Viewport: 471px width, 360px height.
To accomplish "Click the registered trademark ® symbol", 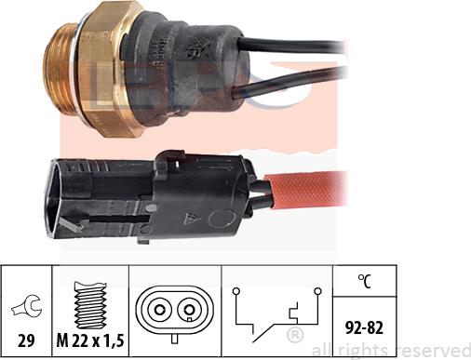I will coord(295,333).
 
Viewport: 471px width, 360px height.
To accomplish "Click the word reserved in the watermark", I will coord(432,349).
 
